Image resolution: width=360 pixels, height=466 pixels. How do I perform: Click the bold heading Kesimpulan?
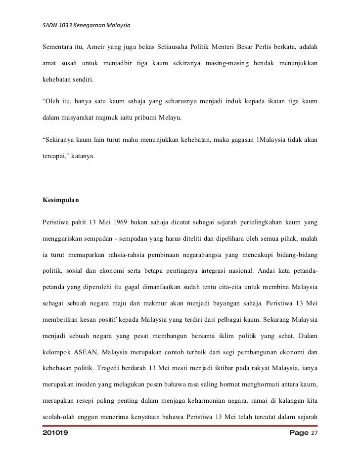(x=61, y=202)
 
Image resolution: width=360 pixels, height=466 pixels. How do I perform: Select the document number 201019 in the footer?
(x=55, y=433)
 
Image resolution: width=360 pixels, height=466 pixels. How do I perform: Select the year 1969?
(x=118, y=222)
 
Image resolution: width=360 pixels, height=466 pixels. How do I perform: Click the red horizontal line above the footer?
(x=180, y=425)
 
